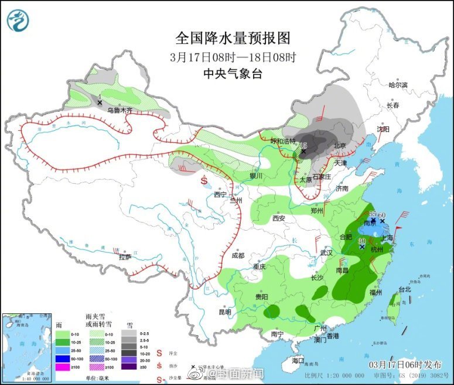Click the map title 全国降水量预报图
pos(233,38)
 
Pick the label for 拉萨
pos(125,256)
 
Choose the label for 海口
pos(298,360)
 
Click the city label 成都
pos(237,255)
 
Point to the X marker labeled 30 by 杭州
pos(362,248)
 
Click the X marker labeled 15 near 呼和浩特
pos(303,152)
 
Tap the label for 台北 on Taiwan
pos(405,289)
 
